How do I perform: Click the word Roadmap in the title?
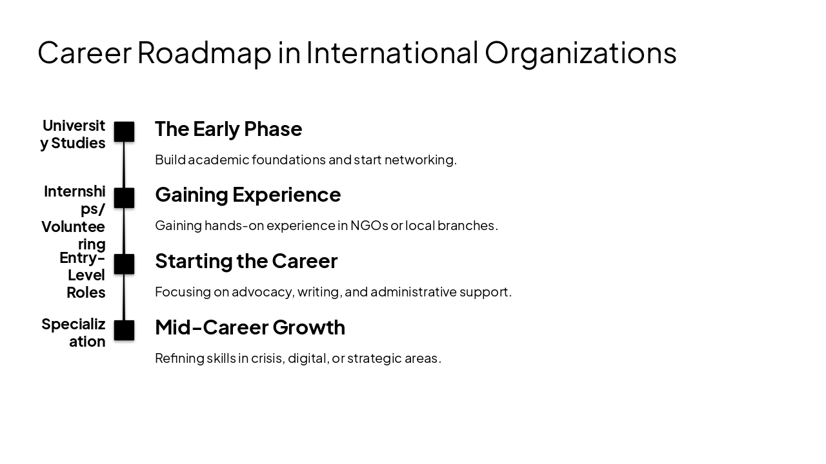coord(204,53)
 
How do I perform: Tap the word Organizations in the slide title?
coord(580,53)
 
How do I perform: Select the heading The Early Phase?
coord(228,129)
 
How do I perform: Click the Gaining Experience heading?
coord(248,195)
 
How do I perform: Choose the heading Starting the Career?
coord(246,261)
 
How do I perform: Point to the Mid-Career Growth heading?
coord(250,327)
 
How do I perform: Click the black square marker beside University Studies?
coord(124,131)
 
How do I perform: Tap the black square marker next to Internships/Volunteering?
coord(124,198)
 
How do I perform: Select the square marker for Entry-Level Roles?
coord(124,264)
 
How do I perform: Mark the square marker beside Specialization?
coord(124,331)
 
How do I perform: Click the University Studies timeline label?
coord(74,134)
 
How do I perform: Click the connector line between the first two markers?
coord(124,165)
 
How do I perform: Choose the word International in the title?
coord(392,53)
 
